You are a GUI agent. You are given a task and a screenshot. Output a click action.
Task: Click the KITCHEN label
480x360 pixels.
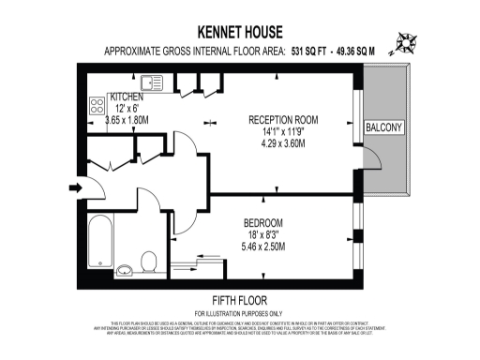coord(127,97)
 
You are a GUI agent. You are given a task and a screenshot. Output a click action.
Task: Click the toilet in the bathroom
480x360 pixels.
coord(146,260)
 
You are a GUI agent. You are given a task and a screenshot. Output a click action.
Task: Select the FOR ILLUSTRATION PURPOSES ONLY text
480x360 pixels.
coord(239,312)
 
